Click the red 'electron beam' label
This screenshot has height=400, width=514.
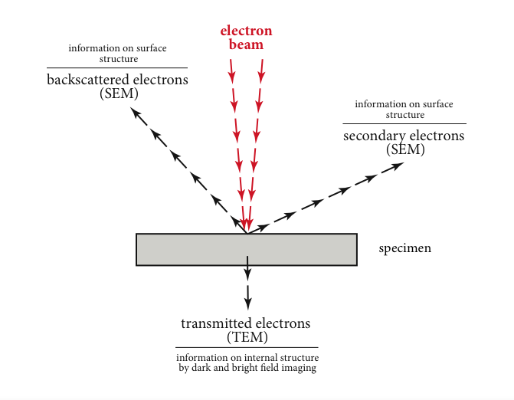click(246, 38)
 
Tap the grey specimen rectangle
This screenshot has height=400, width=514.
click(246, 249)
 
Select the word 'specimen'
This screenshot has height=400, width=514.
click(404, 249)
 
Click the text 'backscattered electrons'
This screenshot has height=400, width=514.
click(117, 80)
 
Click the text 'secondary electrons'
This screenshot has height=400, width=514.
click(404, 136)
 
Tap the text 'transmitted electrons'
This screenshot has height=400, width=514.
click(247, 323)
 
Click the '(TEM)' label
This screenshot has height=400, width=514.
click(247, 336)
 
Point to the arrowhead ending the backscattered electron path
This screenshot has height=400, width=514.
click(135, 113)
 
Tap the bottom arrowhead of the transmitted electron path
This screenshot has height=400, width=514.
click(247, 300)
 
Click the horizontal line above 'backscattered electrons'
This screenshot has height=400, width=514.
click(117, 67)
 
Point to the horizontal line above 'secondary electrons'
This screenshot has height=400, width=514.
click(404, 123)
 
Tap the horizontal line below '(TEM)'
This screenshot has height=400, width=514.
click(247, 348)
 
